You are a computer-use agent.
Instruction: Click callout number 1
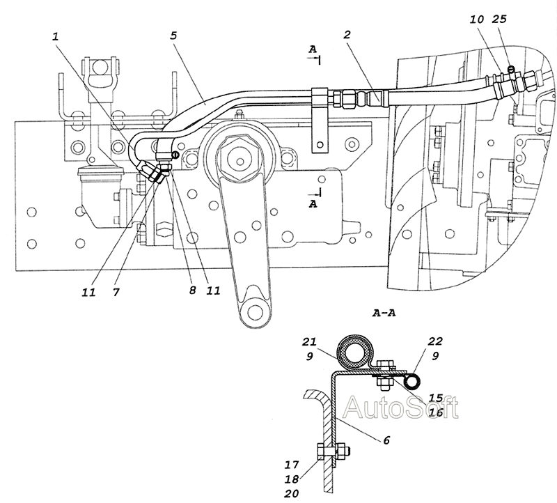tap(56, 37)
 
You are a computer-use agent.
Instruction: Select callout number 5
tap(173, 36)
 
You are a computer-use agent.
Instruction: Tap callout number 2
tap(347, 34)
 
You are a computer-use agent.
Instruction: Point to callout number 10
tap(477, 20)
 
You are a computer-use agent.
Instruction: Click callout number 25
tap(499, 19)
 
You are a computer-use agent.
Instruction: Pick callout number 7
tap(116, 292)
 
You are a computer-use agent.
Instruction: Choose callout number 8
tap(193, 291)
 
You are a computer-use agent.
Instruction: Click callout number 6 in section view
tap(386, 440)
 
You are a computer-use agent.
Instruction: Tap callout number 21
tap(309, 342)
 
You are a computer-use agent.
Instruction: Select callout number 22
tap(435, 341)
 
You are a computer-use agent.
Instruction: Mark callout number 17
tap(292, 465)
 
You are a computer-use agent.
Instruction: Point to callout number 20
tap(292, 493)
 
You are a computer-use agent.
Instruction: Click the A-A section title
tap(384, 314)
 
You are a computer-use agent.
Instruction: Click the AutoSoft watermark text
tap(401, 408)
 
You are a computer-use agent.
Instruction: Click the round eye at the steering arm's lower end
tap(253, 311)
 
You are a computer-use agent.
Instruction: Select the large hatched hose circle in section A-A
tap(356, 353)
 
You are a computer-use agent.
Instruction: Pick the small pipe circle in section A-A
tap(414, 382)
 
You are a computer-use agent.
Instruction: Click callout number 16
tap(436, 412)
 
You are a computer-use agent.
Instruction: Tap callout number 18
tap(292, 479)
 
